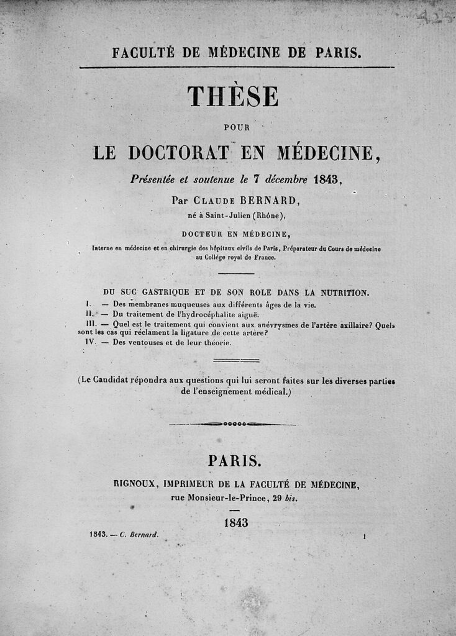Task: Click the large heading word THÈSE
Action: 232,96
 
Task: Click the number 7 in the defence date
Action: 255,179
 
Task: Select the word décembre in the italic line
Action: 286,179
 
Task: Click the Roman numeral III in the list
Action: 91,324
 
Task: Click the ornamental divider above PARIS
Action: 232,424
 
